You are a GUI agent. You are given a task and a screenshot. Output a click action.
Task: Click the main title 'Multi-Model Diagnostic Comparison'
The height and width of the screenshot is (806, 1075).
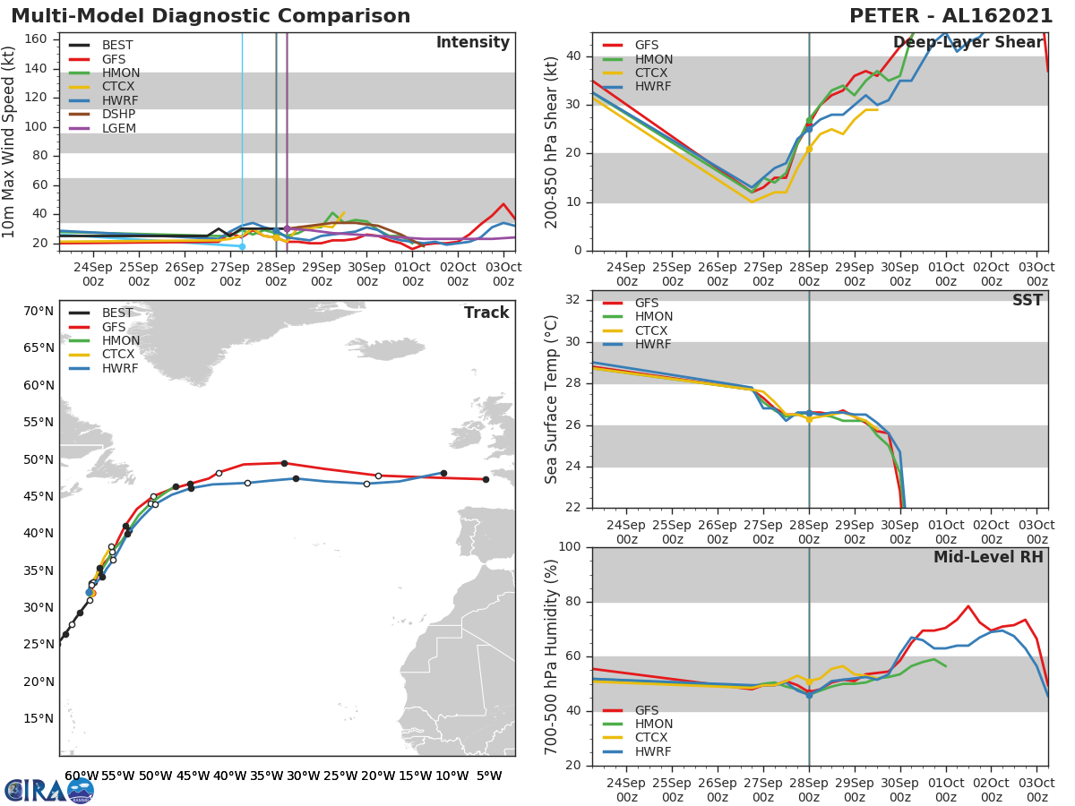coord(211,16)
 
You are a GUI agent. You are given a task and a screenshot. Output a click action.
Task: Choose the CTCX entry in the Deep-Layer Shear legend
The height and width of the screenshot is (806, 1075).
coord(652,73)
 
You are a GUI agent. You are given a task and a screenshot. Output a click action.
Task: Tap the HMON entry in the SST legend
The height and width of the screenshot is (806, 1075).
coord(653,317)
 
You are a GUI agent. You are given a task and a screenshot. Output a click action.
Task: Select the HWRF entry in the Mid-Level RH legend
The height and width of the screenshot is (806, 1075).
coord(653,751)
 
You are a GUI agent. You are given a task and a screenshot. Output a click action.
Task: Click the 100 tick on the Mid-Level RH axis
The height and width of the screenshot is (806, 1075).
coord(570,547)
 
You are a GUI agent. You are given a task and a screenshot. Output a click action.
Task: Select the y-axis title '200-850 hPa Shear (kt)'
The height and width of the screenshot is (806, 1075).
coord(552,141)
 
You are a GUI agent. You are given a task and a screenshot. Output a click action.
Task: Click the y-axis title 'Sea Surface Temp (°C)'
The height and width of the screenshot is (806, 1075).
coord(552,399)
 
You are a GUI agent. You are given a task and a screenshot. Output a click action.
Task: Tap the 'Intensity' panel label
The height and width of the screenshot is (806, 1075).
coord(472,43)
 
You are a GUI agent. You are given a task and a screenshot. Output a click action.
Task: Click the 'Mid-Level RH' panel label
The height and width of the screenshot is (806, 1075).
coord(988,557)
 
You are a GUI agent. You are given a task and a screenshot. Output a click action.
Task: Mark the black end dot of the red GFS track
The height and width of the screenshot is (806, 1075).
coord(486,479)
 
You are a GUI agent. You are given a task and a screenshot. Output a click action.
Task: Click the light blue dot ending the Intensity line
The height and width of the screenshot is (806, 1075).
coord(242,246)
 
